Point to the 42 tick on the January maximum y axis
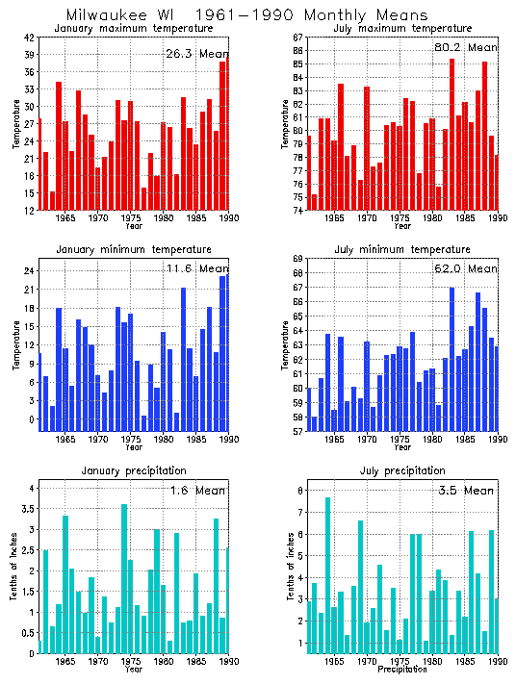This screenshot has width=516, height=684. click(x=30, y=38)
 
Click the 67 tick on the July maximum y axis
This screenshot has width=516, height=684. click(x=298, y=38)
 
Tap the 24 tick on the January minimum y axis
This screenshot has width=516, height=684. click(x=30, y=271)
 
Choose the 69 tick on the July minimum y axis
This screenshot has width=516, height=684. click(x=298, y=259)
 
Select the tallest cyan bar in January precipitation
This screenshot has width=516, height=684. click(x=124, y=578)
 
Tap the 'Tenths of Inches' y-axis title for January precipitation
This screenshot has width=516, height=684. click(x=13, y=571)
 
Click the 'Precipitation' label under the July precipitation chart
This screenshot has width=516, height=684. click(x=403, y=670)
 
